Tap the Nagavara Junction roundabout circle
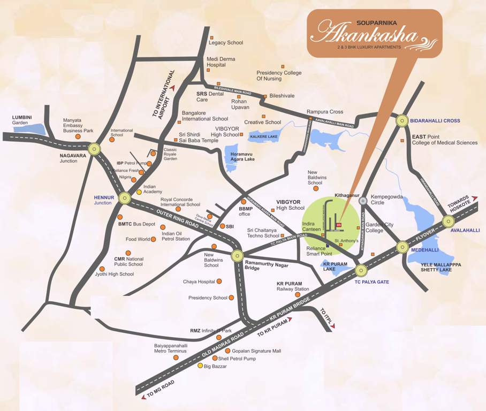pyautogui.click(x=95, y=149)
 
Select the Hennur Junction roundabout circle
pyautogui.click(x=125, y=198)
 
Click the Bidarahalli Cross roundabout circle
pyautogui.click(x=403, y=121)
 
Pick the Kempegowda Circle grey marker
pyautogui.click(x=363, y=201)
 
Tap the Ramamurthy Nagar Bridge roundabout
pyautogui.click(x=238, y=256)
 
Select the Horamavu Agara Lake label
pyautogui.click(x=242, y=156)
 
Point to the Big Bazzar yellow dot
pyautogui.click(x=201, y=366)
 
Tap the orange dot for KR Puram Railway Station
pyautogui.click(x=298, y=294)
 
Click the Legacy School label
pyautogui.click(x=226, y=43)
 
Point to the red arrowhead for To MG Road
pyautogui.click(x=143, y=397)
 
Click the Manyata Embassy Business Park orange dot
pyautogui.click(x=78, y=136)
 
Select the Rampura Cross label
pyautogui.click(x=325, y=112)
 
